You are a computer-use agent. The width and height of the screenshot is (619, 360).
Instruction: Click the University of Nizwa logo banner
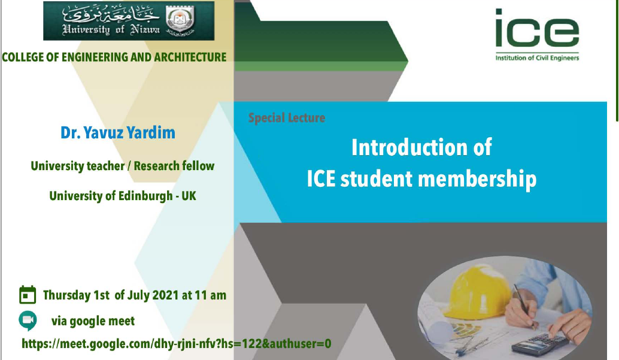pyautogui.click(x=129, y=20)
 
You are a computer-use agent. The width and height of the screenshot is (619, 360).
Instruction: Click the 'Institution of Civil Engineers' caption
pyautogui.click(x=537, y=58)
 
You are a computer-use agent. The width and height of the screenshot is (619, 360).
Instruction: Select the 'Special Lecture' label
pyautogui.click(x=287, y=118)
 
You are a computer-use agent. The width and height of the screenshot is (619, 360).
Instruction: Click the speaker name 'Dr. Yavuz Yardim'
pyautogui.click(x=118, y=133)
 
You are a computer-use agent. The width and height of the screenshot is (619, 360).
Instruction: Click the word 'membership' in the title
pyautogui.click(x=477, y=179)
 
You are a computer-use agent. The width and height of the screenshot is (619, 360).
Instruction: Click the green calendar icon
pyautogui.click(x=28, y=294)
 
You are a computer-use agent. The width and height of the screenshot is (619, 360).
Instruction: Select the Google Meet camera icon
pyautogui.click(x=28, y=320)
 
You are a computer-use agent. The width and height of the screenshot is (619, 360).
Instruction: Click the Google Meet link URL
pyautogui.click(x=177, y=344)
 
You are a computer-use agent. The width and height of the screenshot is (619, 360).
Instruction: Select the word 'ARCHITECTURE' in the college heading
pyautogui.click(x=190, y=58)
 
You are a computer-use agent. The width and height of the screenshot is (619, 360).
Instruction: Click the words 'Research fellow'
pyautogui.click(x=174, y=166)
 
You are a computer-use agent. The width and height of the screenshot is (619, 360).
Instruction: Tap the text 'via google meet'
pyautogui.click(x=93, y=321)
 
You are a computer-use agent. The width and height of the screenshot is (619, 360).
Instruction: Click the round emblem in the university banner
pyautogui.click(x=180, y=20)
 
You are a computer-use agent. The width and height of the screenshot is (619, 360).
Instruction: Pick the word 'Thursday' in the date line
pyautogui.click(x=66, y=295)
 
